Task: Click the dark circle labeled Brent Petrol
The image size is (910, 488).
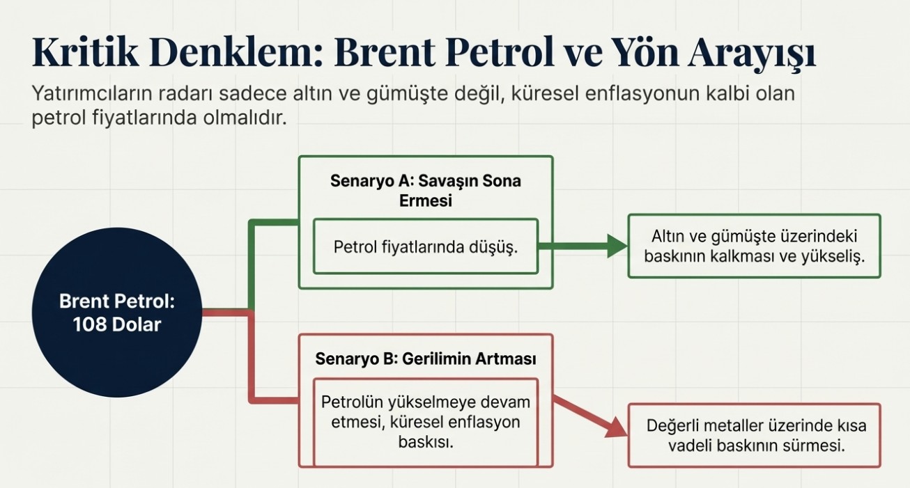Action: coord(117,312)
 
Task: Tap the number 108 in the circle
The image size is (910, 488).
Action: coord(89,325)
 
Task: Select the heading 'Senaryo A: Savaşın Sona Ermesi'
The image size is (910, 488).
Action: coord(425,191)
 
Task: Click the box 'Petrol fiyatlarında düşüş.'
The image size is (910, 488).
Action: coord(426,246)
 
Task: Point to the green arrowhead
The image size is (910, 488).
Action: coord(617,246)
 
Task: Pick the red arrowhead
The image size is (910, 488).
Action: coord(617,428)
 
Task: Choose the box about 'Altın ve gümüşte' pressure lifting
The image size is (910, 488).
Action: coord(755,246)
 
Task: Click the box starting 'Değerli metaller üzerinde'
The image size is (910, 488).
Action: coord(755,435)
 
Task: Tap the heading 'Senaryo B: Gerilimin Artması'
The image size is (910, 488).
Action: coord(425,359)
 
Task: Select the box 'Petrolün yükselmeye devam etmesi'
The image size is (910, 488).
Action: coord(426,423)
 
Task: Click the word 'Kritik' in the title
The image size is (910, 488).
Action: coord(85,52)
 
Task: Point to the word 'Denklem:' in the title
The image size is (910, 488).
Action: coord(236,52)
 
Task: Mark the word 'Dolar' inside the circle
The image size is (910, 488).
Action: coord(136,325)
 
